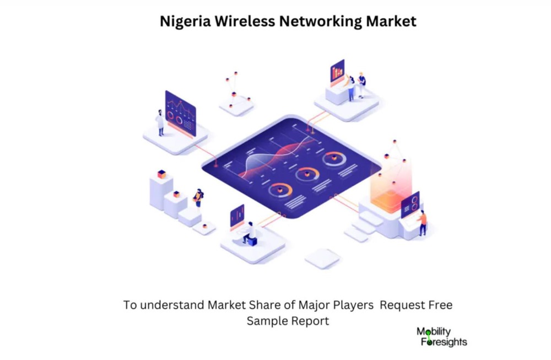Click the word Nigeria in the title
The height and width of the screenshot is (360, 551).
pyautogui.click(x=185, y=22)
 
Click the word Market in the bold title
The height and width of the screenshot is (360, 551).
pyautogui.click(x=391, y=21)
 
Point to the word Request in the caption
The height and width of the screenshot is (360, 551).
pyautogui.click(x=398, y=305)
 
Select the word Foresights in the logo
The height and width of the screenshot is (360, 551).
pyautogui.click(x=444, y=342)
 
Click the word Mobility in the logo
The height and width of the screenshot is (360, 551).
pyautogui.click(x=434, y=331)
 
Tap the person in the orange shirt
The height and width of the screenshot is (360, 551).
pyautogui.click(x=422, y=223)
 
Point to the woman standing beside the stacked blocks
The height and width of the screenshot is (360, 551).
pyautogui.click(x=198, y=198)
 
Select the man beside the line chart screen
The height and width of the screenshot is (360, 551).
pyautogui.click(x=160, y=122)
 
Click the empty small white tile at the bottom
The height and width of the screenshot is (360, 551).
pyautogui.click(x=322, y=259)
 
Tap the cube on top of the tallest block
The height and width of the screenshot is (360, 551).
pyautogui.click(x=161, y=174)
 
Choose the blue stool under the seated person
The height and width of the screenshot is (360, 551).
pyautogui.click(x=252, y=241)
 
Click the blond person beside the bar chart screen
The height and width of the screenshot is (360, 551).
pyautogui.click(x=361, y=85)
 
